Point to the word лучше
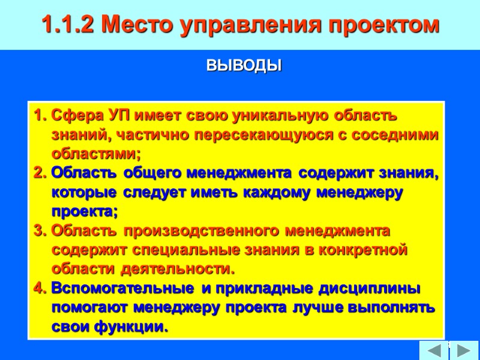click(x=309, y=308)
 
